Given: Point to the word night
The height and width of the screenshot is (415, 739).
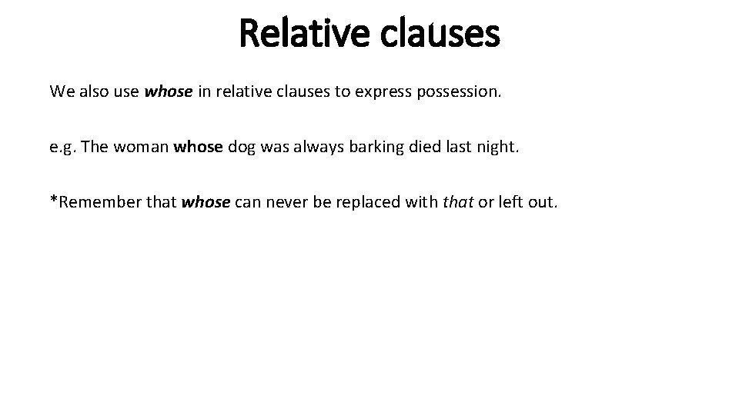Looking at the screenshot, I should tap(500, 147).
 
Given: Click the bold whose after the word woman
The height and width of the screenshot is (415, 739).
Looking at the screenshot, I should tap(197, 147).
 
